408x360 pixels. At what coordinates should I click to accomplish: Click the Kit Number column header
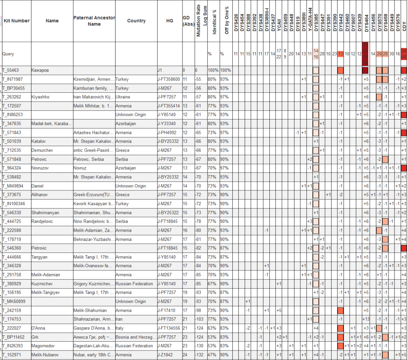tap(16, 21)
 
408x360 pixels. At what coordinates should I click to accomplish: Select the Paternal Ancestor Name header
tap(94, 21)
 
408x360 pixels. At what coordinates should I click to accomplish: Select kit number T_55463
tap(12, 70)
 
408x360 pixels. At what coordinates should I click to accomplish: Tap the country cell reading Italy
tap(119, 328)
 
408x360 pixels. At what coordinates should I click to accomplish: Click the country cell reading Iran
tap(119, 319)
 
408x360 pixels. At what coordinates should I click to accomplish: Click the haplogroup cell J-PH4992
tap(169, 132)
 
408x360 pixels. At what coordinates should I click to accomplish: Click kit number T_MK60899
tap(14, 301)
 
